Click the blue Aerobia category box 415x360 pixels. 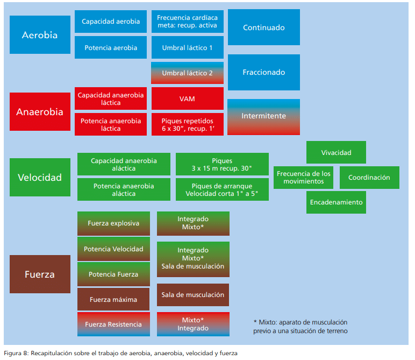[x=40, y=35]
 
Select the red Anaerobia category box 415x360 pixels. [x=40, y=112]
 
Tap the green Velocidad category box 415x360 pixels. [x=40, y=177]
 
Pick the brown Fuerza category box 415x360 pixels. [x=40, y=274]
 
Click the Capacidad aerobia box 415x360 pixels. [x=111, y=22]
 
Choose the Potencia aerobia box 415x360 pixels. [x=111, y=48]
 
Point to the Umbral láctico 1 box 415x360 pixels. [x=187, y=48]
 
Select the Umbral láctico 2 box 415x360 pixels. [x=187, y=73]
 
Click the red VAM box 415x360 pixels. [x=187, y=99]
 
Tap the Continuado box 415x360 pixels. [x=263, y=27]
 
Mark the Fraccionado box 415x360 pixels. [x=263, y=72]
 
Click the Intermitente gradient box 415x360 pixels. [x=263, y=116]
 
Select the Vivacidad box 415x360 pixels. [x=336, y=152]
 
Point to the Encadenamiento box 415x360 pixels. [x=336, y=202]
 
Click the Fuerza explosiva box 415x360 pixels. [x=113, y=223]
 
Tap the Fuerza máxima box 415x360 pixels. [x=113, y=299]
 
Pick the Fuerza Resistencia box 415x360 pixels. [x=113, y=324]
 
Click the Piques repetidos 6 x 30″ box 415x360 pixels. [x=187, y=125]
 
